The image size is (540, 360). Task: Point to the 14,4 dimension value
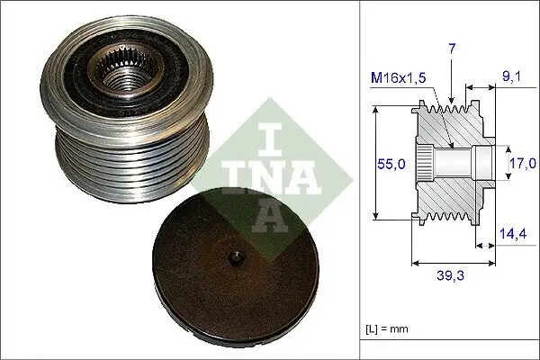pos(513,233)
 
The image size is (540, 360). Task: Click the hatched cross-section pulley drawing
pos(453,164)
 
